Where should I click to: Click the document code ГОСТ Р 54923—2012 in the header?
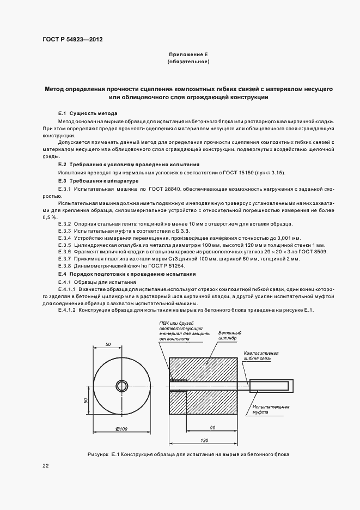[x=72, y=40]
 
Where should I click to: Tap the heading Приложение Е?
[x=188, y=55]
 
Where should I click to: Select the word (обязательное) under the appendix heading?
[x=188, y=62]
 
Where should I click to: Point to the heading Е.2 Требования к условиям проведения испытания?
[x=129, y=164]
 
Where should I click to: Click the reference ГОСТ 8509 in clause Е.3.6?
[x=312, y=251]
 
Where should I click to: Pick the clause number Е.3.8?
[x=64, y=265]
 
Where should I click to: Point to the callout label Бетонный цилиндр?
[x=230, y=335]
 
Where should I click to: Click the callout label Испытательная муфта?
[x=271, y=410]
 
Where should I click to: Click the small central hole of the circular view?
[x=121, y=386]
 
